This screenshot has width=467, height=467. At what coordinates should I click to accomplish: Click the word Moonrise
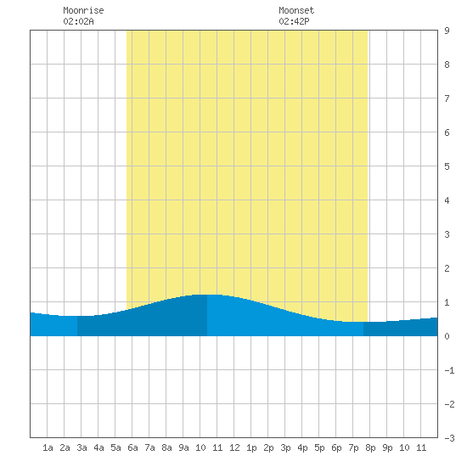click(83, 10)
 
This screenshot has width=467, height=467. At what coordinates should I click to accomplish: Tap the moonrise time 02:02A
click(78, 21)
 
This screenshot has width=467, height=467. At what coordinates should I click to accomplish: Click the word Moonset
click(296, 10)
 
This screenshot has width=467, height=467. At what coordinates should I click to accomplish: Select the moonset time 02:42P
click(294, 21)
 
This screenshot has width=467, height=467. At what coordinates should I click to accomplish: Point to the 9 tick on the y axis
click(447, 31)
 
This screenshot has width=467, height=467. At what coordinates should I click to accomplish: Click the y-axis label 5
click(447, 166)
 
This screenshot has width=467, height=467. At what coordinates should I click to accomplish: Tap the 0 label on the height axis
click(447, 336)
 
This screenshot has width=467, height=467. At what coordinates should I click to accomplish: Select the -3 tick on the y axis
click(449, 438)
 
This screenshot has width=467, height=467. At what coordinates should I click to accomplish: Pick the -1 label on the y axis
click(449, 370)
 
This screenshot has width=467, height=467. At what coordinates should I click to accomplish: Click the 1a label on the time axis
click(48, 447)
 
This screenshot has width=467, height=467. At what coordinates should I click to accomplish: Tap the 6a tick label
click(132, 447)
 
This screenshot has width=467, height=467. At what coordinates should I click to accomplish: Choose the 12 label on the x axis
click(234, 447)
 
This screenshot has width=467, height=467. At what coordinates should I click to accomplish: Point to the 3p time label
click(285, 447)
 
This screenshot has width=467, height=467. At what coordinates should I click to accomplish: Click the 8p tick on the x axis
click(370, 447)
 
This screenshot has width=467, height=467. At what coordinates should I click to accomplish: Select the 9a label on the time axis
click(183, 447)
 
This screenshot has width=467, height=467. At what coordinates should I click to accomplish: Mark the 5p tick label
click(319, 447)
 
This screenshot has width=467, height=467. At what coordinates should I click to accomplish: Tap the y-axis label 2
click(447, 268)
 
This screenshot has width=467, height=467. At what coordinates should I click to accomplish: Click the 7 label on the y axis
click(447, 98)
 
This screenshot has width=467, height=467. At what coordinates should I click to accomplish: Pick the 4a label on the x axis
click(98, 447)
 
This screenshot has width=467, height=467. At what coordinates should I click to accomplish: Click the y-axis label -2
click(449, 404)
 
